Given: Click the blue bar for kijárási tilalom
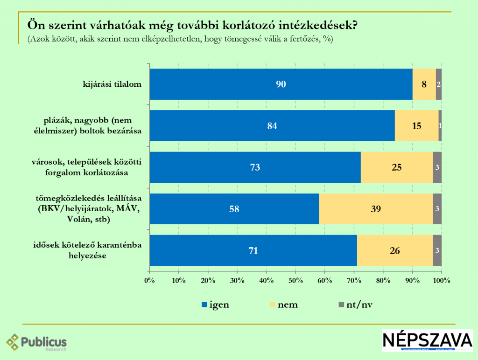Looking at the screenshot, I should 281,84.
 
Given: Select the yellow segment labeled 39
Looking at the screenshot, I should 376,209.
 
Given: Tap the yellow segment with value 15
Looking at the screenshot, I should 416,126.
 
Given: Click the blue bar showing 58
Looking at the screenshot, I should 234,209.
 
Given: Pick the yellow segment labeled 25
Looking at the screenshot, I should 397,167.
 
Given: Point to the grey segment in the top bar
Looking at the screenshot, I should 439,84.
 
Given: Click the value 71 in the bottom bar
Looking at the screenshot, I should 253,251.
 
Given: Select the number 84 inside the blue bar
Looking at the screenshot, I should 272,126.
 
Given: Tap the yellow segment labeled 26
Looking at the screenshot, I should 395,251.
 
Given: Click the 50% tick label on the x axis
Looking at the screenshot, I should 295,281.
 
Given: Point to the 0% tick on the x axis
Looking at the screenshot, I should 149,281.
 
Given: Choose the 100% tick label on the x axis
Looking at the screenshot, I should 441,281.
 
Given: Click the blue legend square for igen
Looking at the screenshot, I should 204,305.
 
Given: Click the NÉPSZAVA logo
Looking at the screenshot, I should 427,341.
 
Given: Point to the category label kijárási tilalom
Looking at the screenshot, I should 112,84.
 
